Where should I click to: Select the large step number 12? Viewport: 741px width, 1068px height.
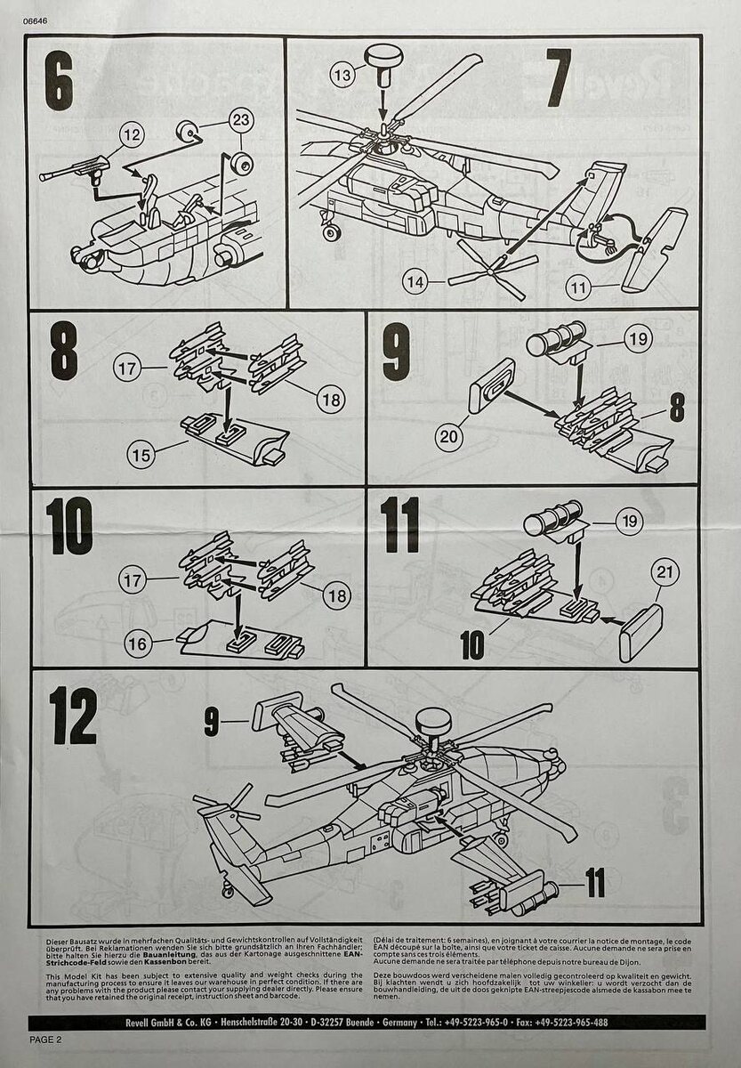[x=73, y=716]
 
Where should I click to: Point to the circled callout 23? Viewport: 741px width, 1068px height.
[x=241, y=119]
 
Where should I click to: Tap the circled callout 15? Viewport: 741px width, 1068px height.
[x=139, y=456]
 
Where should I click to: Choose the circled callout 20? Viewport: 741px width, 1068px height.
[x=450, y=436]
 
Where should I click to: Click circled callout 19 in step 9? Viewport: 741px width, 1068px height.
[x=637, y=338]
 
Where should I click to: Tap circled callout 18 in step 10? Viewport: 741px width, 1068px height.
[x=336, y=595]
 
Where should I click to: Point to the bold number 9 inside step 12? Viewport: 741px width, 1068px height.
[x=211, y=722]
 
